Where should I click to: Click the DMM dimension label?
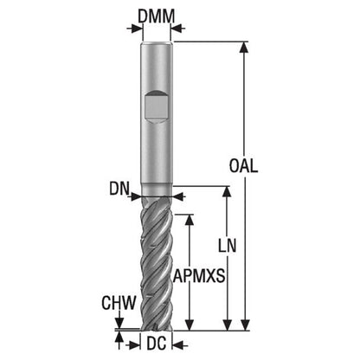pos(157,16)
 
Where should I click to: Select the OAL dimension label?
pos(243,166)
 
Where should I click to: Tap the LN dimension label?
pos(227,246)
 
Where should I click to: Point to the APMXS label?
pos(199,276)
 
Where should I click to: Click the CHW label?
pos(119,303)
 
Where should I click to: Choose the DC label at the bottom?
pos(157,344)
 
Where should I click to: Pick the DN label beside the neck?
pos(119,189)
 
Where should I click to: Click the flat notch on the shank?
pos(156,107)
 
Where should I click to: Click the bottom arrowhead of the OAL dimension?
pos(245,325)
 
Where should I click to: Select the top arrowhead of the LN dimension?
pos(228,192)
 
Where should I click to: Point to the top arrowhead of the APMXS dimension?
pos(190,220)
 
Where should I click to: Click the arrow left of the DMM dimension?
pos(134,29)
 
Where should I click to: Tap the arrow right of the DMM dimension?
pos(178,29)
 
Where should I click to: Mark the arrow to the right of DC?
pos(180,344)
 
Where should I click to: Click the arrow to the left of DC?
pos(132,344)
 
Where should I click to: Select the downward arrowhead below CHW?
pos(119,323)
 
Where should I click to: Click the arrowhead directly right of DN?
pos(178,197)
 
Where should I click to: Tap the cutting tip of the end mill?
pos(156,329)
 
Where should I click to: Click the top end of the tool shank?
pos(157,43)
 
